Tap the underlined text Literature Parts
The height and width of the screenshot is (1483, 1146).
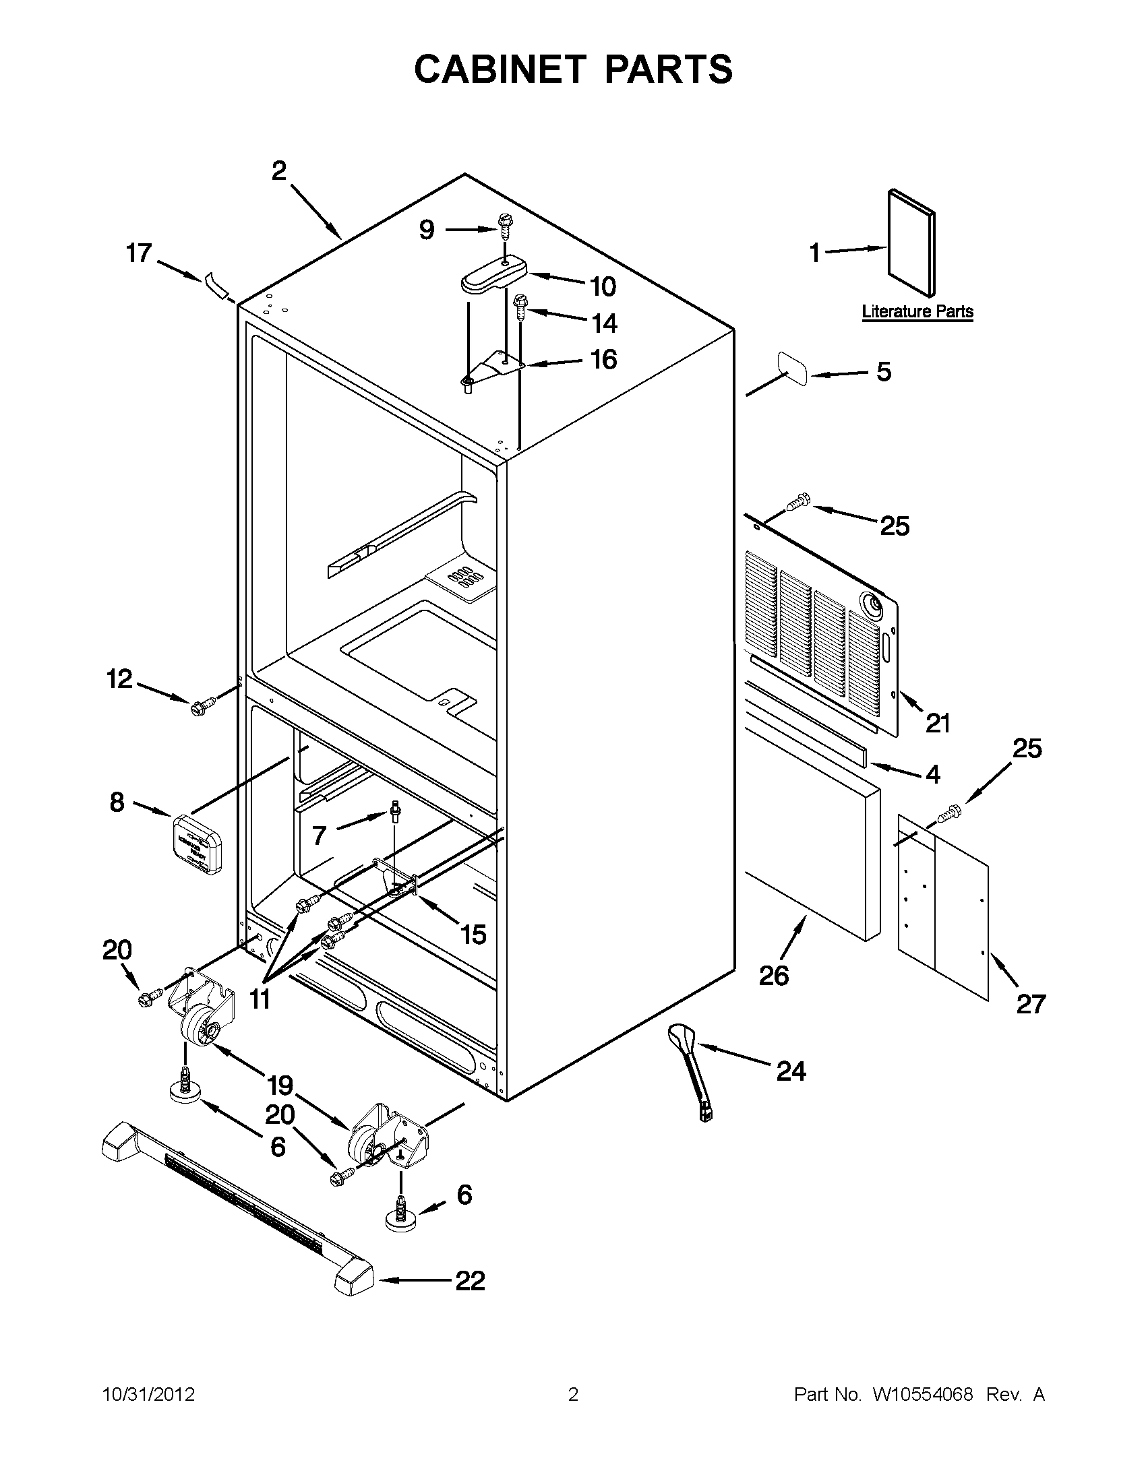pyautogui.click(x=917, y=312)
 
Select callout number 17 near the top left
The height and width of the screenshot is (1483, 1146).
pyautogui.click(x=139, y=253)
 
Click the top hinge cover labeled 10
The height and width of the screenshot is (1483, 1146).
pyautogui.click(x=493, y=275)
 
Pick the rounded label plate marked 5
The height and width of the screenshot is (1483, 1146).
pyautogui.click(x=792, y=369)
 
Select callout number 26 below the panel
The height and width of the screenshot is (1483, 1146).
pyautogui.click(x=774, y=976)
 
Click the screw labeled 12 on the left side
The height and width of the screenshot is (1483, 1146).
pyautogui.click(x=202, y=706)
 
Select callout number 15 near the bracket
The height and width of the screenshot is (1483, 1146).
pyautogui.click(x=473, y=935)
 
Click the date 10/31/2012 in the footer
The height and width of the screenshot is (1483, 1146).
pyautogui.click(x=149, y=1395)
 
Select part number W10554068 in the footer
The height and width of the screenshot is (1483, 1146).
pyautogui.click(x=922, y=1395)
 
